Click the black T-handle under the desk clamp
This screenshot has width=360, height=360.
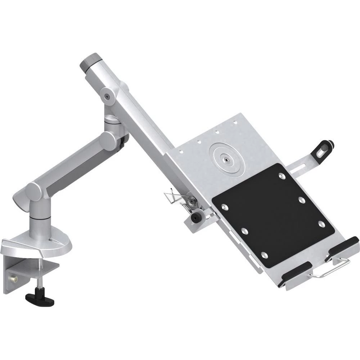coord(40,299)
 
